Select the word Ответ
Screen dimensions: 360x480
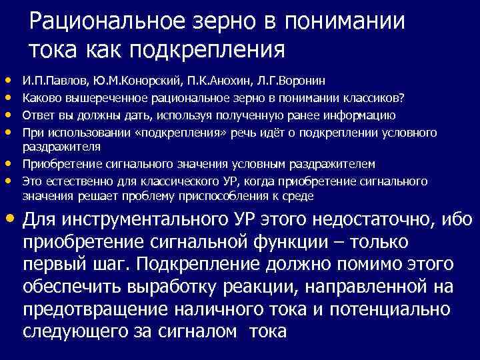coord(37,115)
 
